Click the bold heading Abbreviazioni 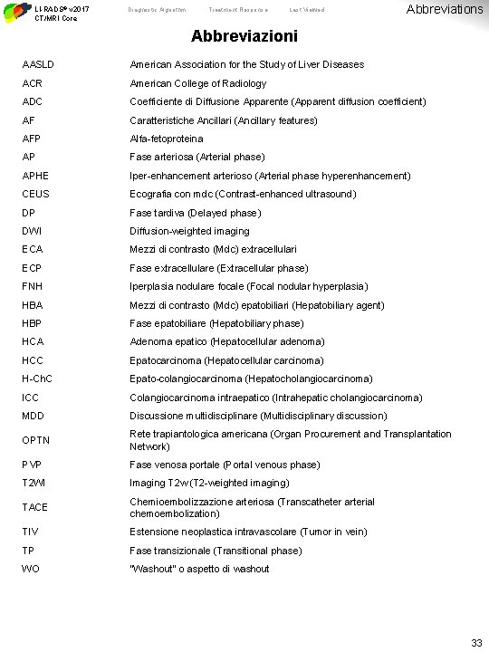(x=244, y=39)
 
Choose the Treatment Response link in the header (x=235, y=10)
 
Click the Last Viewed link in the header (x=306, y=10)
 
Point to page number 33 (x=476, y=642)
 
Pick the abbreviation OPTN (x=35, y=441)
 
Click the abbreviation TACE (x=35, y=508)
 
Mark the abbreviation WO (x=30, y=569)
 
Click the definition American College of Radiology (x=197, y=83)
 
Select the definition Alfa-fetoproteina (x=167, y=139)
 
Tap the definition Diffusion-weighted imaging (x=189, y=232)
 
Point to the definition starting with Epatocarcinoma (x=226, y=360)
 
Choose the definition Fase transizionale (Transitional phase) (x=216, y=551)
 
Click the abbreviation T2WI (x=34, y=484)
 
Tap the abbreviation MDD (x=34, y=417)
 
